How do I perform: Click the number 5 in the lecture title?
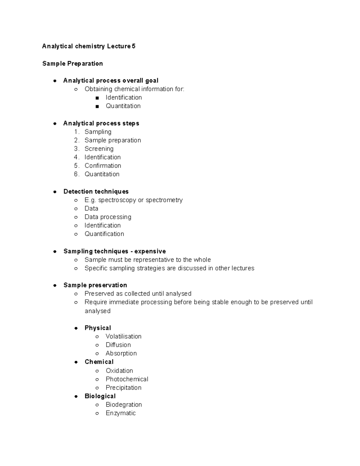coord(133,46)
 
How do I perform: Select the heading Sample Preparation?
coord(73,64)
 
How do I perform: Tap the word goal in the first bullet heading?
coord(152,81)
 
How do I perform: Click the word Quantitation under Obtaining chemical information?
coord(123,106)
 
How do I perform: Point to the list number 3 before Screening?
coord(76,149)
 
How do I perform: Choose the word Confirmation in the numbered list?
coord(103,166)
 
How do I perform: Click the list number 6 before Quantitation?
coord(76,174)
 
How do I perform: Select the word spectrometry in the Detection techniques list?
coord(164,200)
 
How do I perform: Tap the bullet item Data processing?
coord(108,217)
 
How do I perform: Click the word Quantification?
coord(104,234)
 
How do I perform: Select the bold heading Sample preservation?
coord(95,285)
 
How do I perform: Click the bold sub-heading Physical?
coord(98,328)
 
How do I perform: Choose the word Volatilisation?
coord(123,336)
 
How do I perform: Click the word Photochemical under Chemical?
coord(127,379)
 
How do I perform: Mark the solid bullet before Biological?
coord(76,396)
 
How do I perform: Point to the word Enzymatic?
coord(121,413)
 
